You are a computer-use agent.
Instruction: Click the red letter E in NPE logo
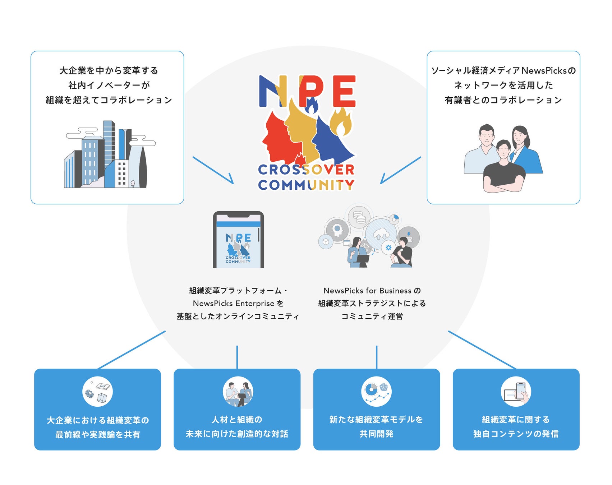point(344,91)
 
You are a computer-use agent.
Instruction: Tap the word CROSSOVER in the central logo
point(306,170)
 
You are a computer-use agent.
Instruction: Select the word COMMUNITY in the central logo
point(306,185)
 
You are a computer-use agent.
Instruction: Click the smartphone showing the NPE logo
point(238,240)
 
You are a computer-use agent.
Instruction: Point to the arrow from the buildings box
point(213,170)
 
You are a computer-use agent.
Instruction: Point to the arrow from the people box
point(400,170)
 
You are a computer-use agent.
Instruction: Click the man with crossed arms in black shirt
point(504,169)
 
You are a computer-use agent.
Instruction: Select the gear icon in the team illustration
point(388,248)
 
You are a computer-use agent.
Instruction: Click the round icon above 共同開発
point(376,391)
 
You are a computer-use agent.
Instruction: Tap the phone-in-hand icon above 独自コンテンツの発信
point(516,391)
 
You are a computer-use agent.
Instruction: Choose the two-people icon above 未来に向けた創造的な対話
point(238,391)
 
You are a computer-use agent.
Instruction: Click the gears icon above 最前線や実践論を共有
point(97,391)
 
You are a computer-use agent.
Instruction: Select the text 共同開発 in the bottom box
point(376,434)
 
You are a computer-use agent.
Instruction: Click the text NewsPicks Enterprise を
point(238,303)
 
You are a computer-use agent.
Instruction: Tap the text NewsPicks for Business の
point(372,290)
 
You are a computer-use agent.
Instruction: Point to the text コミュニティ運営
point(372,316)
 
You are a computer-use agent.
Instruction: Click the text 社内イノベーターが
point(109,85)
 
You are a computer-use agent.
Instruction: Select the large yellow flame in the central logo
point(341,123)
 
